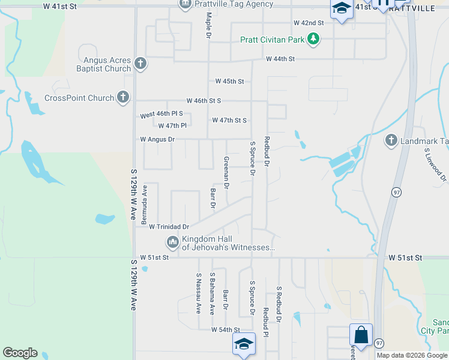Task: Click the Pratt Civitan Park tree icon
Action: point(313,40)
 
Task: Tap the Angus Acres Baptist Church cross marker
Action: point(140,64)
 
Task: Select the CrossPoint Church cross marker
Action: point(123,97)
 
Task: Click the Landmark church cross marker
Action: point(391,140)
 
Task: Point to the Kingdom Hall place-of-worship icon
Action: point(172,242)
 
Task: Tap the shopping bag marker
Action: point(361,335)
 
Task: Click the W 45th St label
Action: point(229,81)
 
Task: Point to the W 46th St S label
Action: point(203,101)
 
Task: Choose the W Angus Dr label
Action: point(157,139)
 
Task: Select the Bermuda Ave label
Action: point(144,205)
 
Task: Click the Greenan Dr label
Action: point(227,173)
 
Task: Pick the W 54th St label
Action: point(225,330)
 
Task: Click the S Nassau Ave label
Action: point(198,293)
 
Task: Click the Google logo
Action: point(20,353)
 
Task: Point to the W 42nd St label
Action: point(309,23)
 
